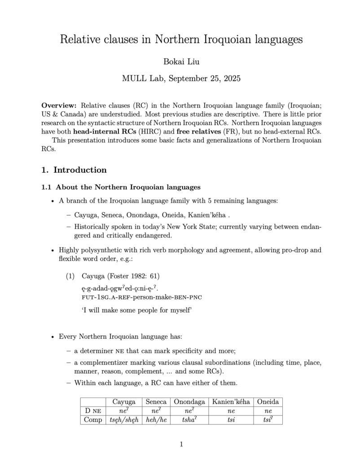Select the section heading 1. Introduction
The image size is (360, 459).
[74, 170]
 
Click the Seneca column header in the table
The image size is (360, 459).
[156, 402]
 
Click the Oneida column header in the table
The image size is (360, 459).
[268, 402]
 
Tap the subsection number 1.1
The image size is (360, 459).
[47, 187]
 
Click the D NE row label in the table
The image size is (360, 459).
[93, 411]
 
